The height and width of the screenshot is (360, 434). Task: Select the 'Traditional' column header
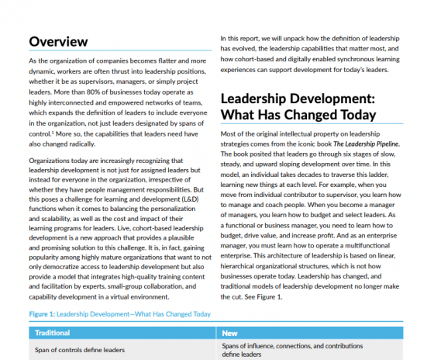[x=53, y=333]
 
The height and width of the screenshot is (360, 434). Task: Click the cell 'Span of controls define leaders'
[x=80, y=350]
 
